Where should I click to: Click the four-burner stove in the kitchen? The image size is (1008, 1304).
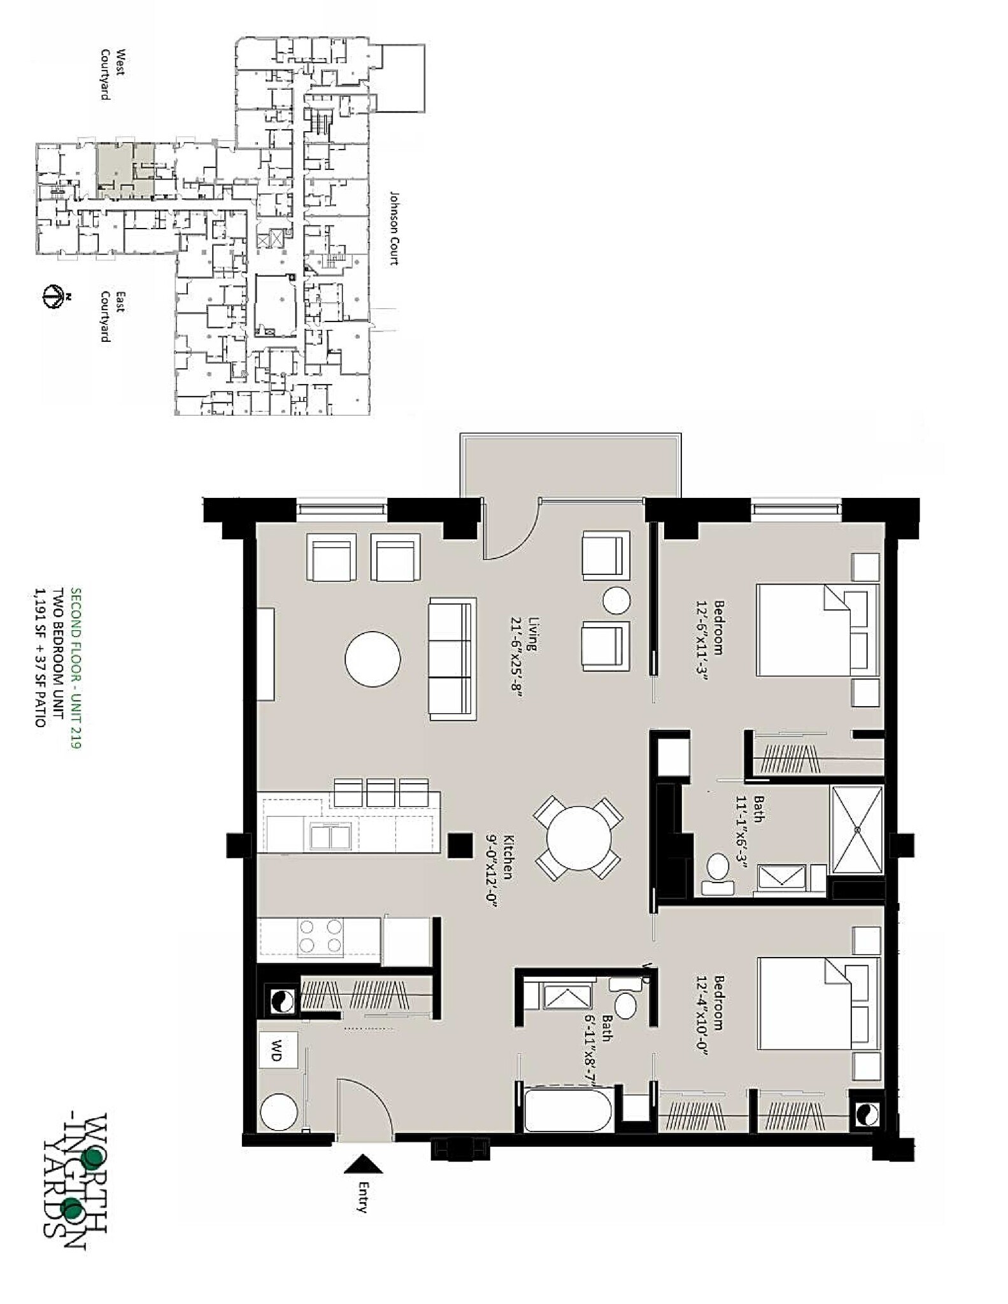pyautogui.click(x=320, y=936)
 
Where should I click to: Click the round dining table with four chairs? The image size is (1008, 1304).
pyautogui.click(x=578, y=837)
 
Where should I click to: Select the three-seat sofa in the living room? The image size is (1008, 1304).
pyautogui.click(x=452, y=659)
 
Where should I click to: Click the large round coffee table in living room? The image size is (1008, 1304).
pyautogui.click(x=373, y=659)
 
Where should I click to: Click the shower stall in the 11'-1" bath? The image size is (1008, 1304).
pyautogui.click(x=857, y=830)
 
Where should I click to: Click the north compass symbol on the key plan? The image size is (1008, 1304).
pyautogui.click(x=53, y=297)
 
